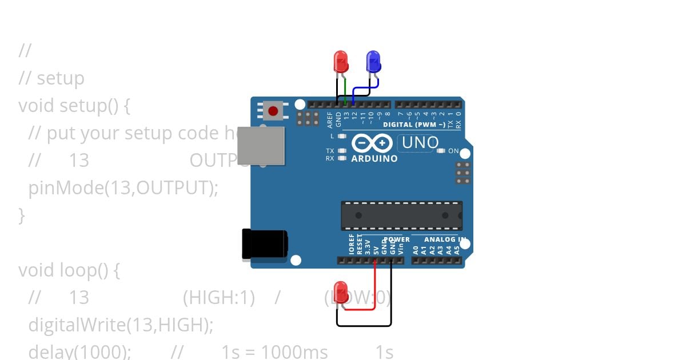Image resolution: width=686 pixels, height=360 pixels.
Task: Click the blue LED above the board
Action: [x=373, y=60]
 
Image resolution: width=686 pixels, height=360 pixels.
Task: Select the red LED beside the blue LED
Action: [x=340, y=61]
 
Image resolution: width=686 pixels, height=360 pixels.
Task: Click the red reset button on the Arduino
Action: [x=273, y=111]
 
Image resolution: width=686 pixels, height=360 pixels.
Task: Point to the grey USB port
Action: [x=261, y=145]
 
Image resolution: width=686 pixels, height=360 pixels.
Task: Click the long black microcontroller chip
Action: [x=401, y=215]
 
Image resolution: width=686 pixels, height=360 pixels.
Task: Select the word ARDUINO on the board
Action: [x=374, y=158]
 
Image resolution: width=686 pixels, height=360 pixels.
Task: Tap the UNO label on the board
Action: [x=420, y=143]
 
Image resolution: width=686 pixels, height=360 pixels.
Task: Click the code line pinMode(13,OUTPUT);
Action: [x=123, y=187]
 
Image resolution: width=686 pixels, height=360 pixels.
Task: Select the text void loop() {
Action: [x=69, y=270]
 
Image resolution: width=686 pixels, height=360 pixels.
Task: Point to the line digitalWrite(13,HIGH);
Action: [x=121, y=325]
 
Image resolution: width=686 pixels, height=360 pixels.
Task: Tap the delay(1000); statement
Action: [x=80, y=351]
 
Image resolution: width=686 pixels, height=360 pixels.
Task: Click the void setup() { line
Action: [x=75, y=105]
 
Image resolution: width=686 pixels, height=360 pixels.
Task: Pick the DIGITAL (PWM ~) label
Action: [x=414, y=125]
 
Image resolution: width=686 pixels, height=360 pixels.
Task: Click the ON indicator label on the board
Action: [x=453, y=151]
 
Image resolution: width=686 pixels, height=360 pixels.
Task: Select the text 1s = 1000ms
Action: [x=275, y=351]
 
